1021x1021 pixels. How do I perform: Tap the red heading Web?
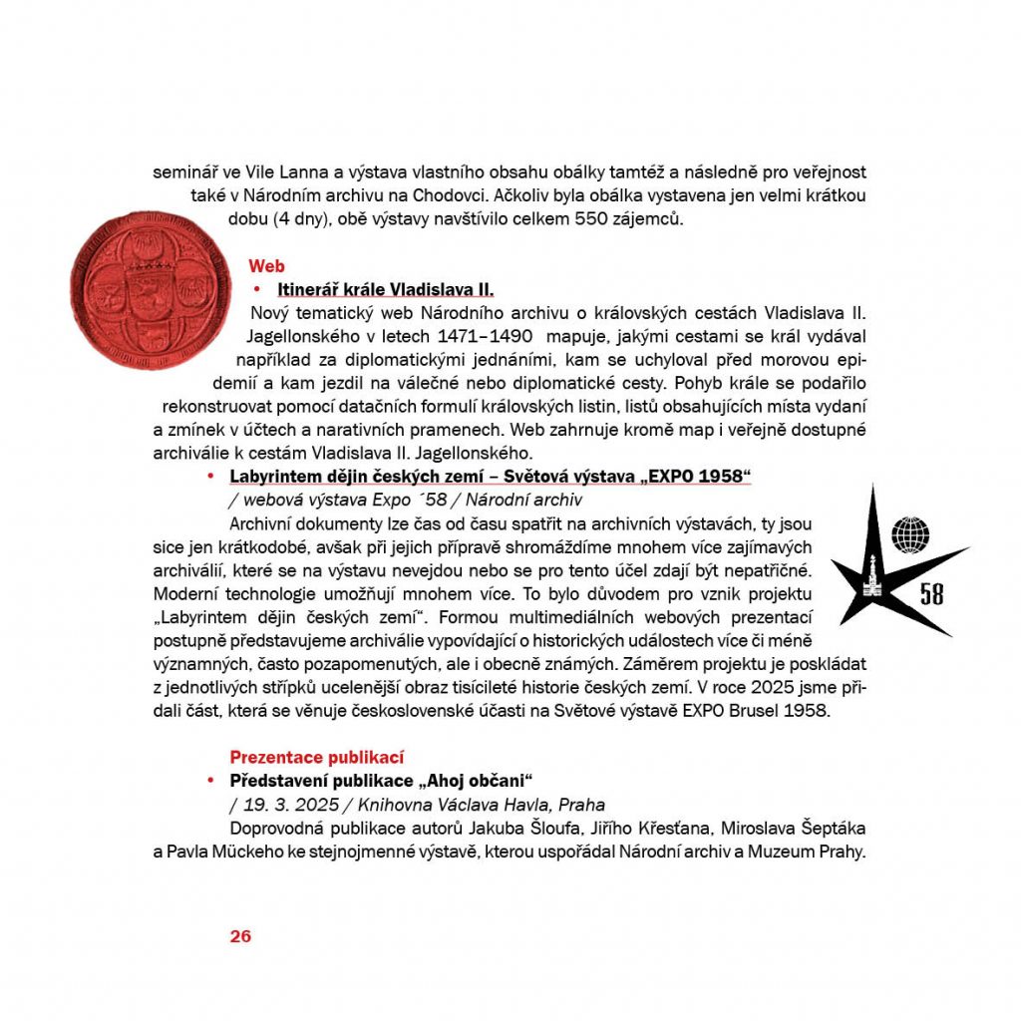click(266, 266)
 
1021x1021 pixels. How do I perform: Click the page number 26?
click(240, 935)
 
